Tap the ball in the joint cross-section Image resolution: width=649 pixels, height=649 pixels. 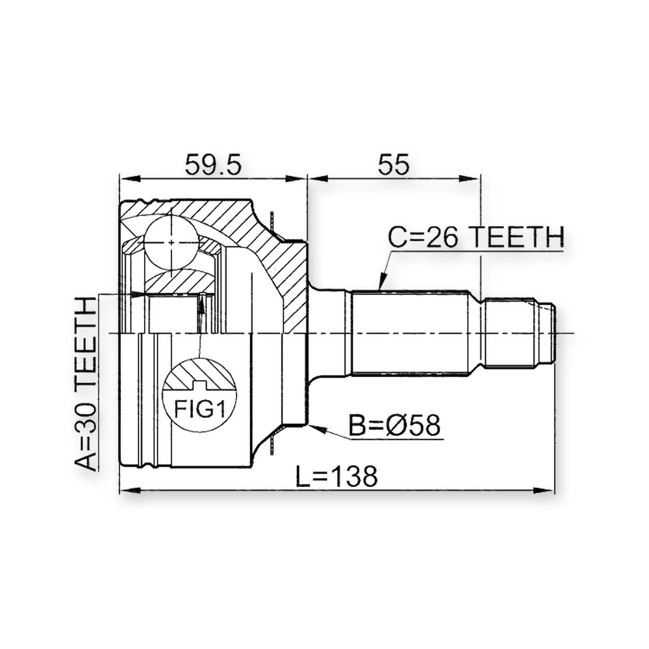point(172,242)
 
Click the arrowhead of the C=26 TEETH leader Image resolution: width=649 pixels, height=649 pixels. point(382,282)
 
